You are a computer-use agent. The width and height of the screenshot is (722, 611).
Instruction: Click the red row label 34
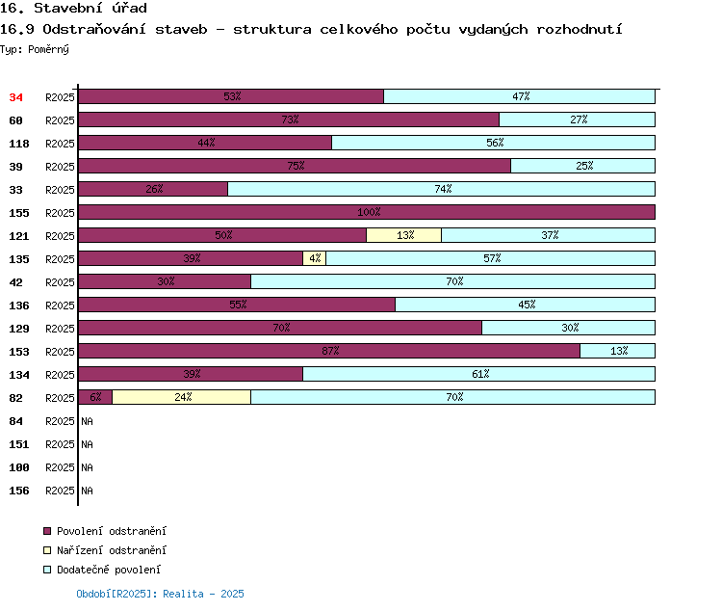click(15, 97)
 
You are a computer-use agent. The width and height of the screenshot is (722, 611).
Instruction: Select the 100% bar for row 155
click(367, 212)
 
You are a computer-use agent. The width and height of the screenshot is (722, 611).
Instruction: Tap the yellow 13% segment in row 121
click(403, 235)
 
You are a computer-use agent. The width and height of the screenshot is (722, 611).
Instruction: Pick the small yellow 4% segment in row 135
click(315, 258)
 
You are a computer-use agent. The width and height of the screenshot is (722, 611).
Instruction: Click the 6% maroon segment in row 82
click(95, 397)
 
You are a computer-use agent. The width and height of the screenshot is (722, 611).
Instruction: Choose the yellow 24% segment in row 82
click(181, 397)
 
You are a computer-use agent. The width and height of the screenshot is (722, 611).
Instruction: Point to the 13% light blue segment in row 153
click(617, 351)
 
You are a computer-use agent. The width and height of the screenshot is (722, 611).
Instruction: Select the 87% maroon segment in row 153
click(329, 351)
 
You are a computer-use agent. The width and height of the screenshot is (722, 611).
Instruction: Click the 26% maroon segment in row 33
click(153, 189)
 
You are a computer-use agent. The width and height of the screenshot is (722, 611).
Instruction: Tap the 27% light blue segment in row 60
click(578, 120)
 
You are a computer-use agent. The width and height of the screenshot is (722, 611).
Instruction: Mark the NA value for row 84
click(87, 421)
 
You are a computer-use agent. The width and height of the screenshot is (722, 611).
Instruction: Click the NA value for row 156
click(87, 491)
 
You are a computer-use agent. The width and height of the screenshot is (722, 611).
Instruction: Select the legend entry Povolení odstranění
click(105, 531)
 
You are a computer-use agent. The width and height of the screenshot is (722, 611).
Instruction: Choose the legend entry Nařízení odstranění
click(105, 550)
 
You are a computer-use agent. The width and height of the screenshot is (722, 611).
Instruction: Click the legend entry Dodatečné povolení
click(102, 570)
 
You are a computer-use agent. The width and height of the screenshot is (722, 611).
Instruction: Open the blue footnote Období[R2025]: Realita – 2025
click(160, 594)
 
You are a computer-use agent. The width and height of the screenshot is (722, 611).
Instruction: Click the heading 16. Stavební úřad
click(74, 8)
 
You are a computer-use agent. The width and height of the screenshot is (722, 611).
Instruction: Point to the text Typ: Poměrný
click(35, 49)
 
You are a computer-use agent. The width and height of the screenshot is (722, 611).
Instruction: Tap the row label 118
click(19, 144)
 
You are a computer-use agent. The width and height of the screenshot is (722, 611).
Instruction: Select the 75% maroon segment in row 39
click(295, 166)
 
